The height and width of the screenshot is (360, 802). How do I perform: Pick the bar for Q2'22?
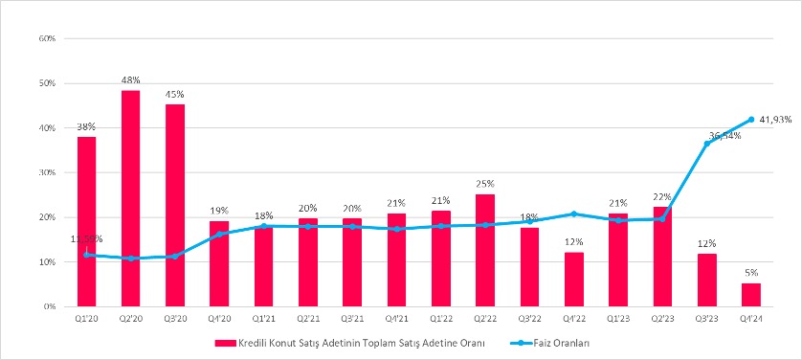[x=485, y=250]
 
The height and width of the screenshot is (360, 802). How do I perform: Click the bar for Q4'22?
[x=573, y=279]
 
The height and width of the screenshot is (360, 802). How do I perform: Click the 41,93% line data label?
[x=775, y=120]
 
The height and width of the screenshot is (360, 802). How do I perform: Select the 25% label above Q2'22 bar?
[x=485, y=183]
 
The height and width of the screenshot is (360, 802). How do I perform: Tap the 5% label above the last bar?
[x=750, y=273]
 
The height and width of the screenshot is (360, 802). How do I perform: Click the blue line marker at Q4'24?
[x=750, y=120]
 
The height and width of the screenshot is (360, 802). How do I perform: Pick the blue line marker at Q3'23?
[x=706, y=144]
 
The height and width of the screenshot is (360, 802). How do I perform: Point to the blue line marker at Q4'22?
[x=573, y=214]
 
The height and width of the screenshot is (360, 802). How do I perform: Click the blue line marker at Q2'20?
[x=130, y=259]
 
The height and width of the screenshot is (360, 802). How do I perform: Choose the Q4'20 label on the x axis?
[x=219, y=319]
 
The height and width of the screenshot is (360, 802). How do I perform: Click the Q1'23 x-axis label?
[x=617, y=319]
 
